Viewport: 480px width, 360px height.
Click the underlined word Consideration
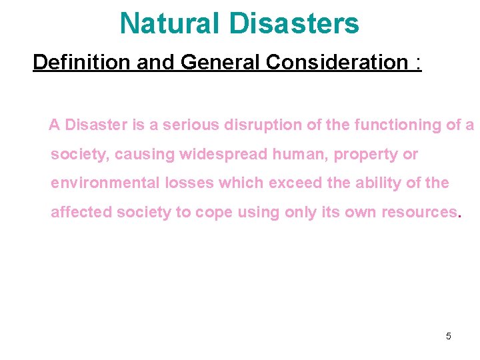[336, 62]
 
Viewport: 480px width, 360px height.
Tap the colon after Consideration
[417, 63]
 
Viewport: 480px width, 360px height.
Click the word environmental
[102, 183]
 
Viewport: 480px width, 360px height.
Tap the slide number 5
[448, 336]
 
